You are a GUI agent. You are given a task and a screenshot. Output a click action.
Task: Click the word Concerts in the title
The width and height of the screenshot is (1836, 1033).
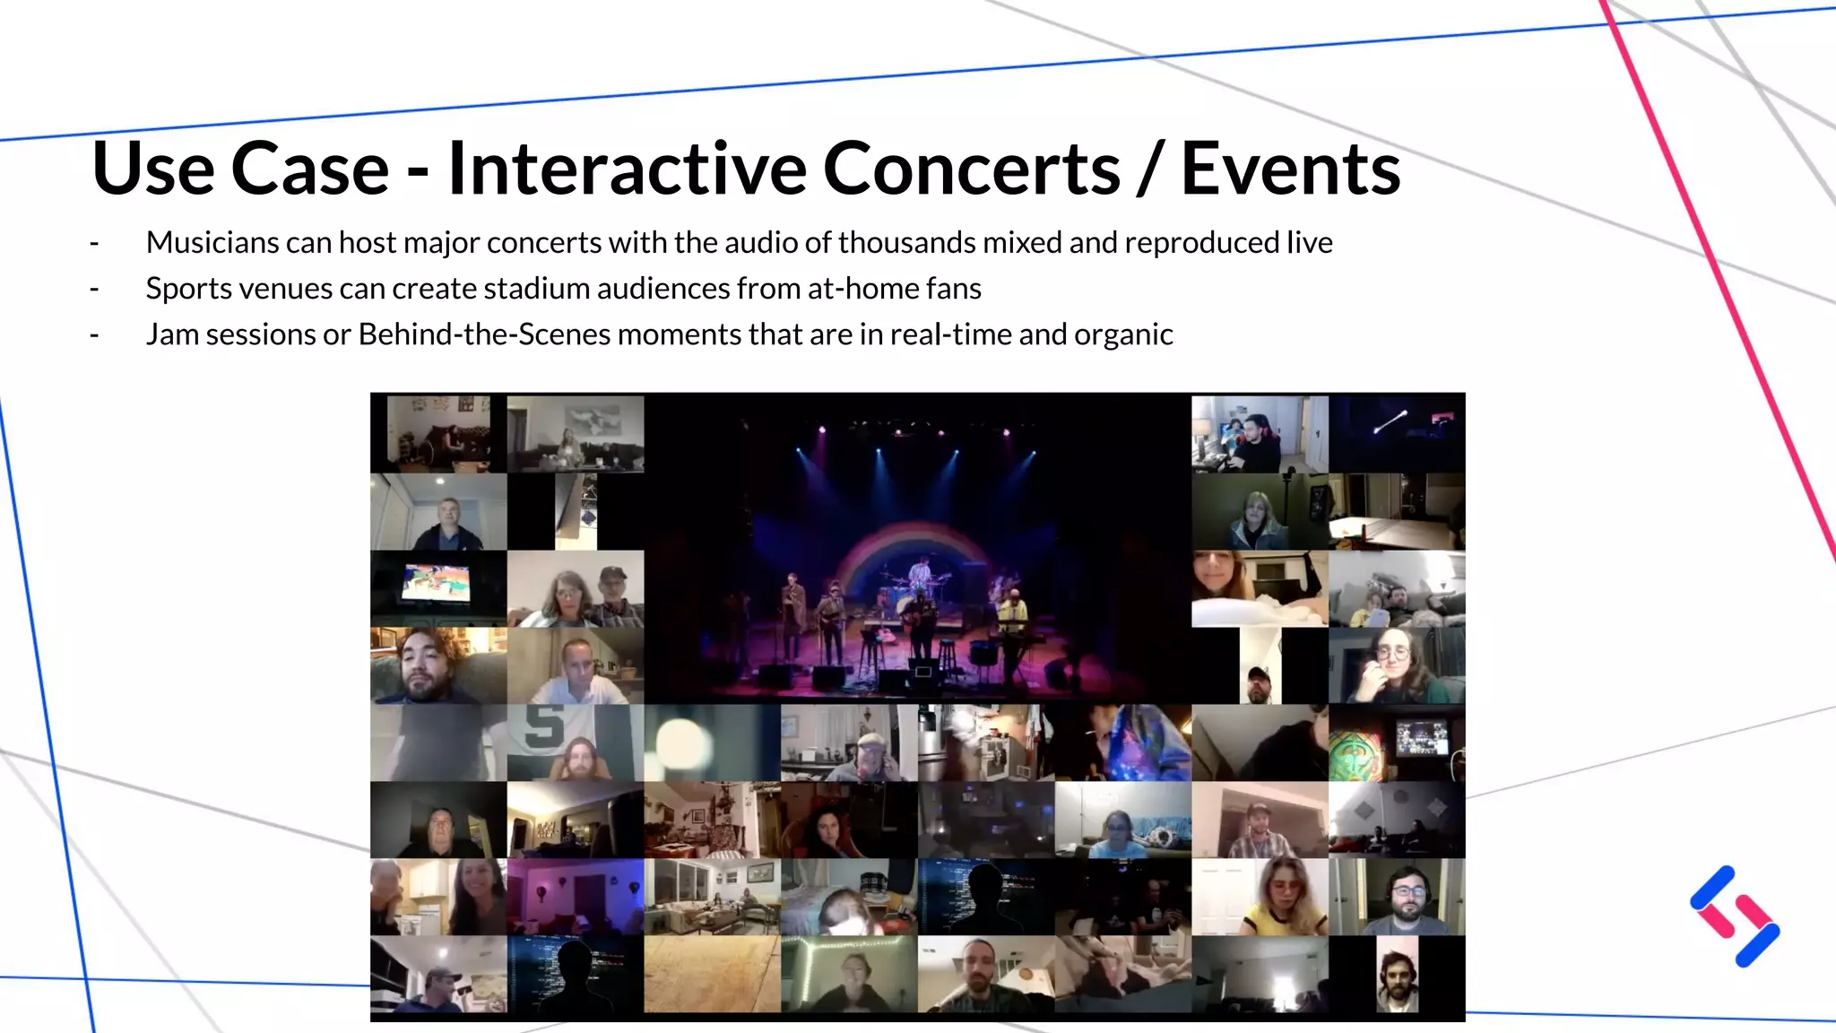pyautogui.click(x=971, y=169)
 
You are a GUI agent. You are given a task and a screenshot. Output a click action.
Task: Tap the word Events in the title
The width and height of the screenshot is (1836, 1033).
pyautogui.click(x=1290, y=169)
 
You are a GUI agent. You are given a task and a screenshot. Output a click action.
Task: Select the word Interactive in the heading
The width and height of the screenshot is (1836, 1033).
pyautogui.click(x=627, y=169)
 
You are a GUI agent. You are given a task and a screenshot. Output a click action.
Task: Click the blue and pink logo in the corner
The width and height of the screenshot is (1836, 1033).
pyautogui.click(x=1735, y=916)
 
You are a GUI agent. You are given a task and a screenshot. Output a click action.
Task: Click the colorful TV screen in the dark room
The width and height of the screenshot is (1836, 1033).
pyautogui.click(x=437, y=583)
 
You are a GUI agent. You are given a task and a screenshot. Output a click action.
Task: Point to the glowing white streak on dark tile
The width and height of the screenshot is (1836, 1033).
pyautogui.click(x=1390, y=421)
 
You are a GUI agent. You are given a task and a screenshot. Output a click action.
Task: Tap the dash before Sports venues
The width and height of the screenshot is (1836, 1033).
pyautogui.click(x=94, y=289)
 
